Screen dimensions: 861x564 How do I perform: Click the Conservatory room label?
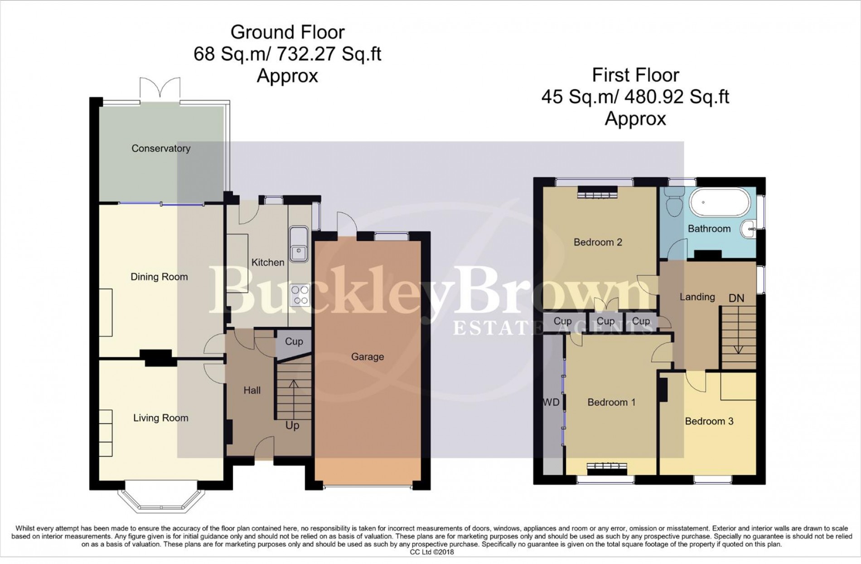(161, 148)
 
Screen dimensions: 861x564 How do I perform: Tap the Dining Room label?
(159, 277)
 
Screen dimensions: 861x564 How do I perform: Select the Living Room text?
(160, 418)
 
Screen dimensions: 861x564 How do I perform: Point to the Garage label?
(368, 357)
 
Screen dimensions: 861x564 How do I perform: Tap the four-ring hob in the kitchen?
(300, 295)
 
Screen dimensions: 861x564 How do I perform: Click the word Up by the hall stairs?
(292, 426)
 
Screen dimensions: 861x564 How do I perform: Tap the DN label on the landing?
(736, 298)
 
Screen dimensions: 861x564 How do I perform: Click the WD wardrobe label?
(551, 402)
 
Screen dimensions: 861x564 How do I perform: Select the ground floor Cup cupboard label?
(294, 341)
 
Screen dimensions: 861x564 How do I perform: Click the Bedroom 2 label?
(598, 242)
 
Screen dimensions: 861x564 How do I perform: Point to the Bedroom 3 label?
(709, 421)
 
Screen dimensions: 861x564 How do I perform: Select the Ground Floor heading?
(287, 33)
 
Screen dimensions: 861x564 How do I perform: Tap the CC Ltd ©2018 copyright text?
(431, 552)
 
